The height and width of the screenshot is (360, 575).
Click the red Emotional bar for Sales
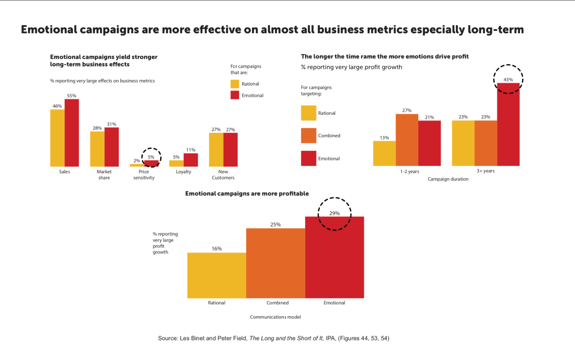tap(71, 132)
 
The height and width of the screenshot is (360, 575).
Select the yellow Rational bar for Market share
tap(97, 148)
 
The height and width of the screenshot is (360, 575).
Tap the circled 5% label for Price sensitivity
tap(151, 157)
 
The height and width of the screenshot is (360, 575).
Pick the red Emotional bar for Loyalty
tap(191, 160)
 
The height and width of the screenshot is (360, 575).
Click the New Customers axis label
tap(223, 174)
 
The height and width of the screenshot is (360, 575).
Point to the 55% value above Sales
tap(71, 96)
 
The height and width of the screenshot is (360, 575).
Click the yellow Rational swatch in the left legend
tap(236, 84)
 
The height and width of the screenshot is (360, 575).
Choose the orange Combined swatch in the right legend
tap(309, 136)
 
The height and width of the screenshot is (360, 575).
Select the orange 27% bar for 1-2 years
tap(406, 140)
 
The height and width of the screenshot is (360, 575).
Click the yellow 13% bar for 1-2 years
tap(384, 153)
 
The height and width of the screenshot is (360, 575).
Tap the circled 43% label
tap(508, 80)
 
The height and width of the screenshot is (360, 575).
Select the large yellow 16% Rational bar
tap(216, 275)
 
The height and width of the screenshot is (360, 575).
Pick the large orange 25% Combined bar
tap(275, 263)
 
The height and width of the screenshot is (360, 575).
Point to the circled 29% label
tap(334, 213)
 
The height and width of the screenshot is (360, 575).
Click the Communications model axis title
tap(275, 317)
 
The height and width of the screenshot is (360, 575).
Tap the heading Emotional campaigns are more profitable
tap(247, 193)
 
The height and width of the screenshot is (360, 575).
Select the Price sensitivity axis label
tap(143, 174)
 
